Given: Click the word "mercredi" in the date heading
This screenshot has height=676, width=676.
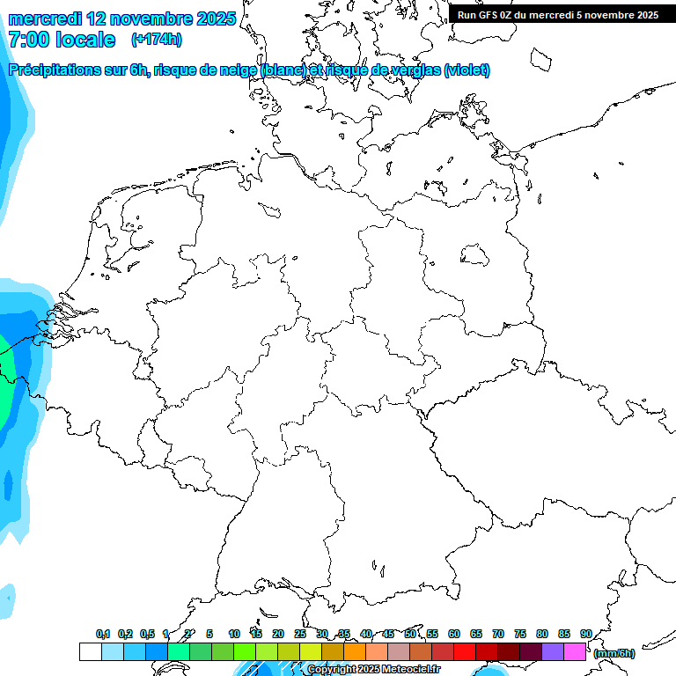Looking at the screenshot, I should [46, 18].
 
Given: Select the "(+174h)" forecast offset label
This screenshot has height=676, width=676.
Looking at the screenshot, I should [156, 40].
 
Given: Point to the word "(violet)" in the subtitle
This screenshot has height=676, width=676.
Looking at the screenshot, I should [467, 70].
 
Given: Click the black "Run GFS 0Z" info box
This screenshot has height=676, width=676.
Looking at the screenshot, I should [558, 14].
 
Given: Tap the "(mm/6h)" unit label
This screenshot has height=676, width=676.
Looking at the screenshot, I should [614, 653].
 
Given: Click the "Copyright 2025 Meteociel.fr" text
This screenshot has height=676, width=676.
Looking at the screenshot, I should [373, 670].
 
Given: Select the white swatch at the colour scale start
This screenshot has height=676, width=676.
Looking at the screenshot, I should [90, 652].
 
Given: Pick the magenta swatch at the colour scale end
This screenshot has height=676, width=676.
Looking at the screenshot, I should [575, 652].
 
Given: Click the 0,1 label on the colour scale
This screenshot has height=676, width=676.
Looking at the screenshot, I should [102, 635].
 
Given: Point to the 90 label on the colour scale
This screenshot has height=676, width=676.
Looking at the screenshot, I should [585, 635].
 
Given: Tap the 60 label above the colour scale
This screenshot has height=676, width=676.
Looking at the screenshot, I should [453, 635].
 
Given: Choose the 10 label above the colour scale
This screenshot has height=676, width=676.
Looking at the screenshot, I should [233, 635].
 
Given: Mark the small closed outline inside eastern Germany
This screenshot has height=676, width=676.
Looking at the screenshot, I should [475, 255].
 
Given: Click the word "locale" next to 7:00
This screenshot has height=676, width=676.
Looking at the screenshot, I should [85, 40].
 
